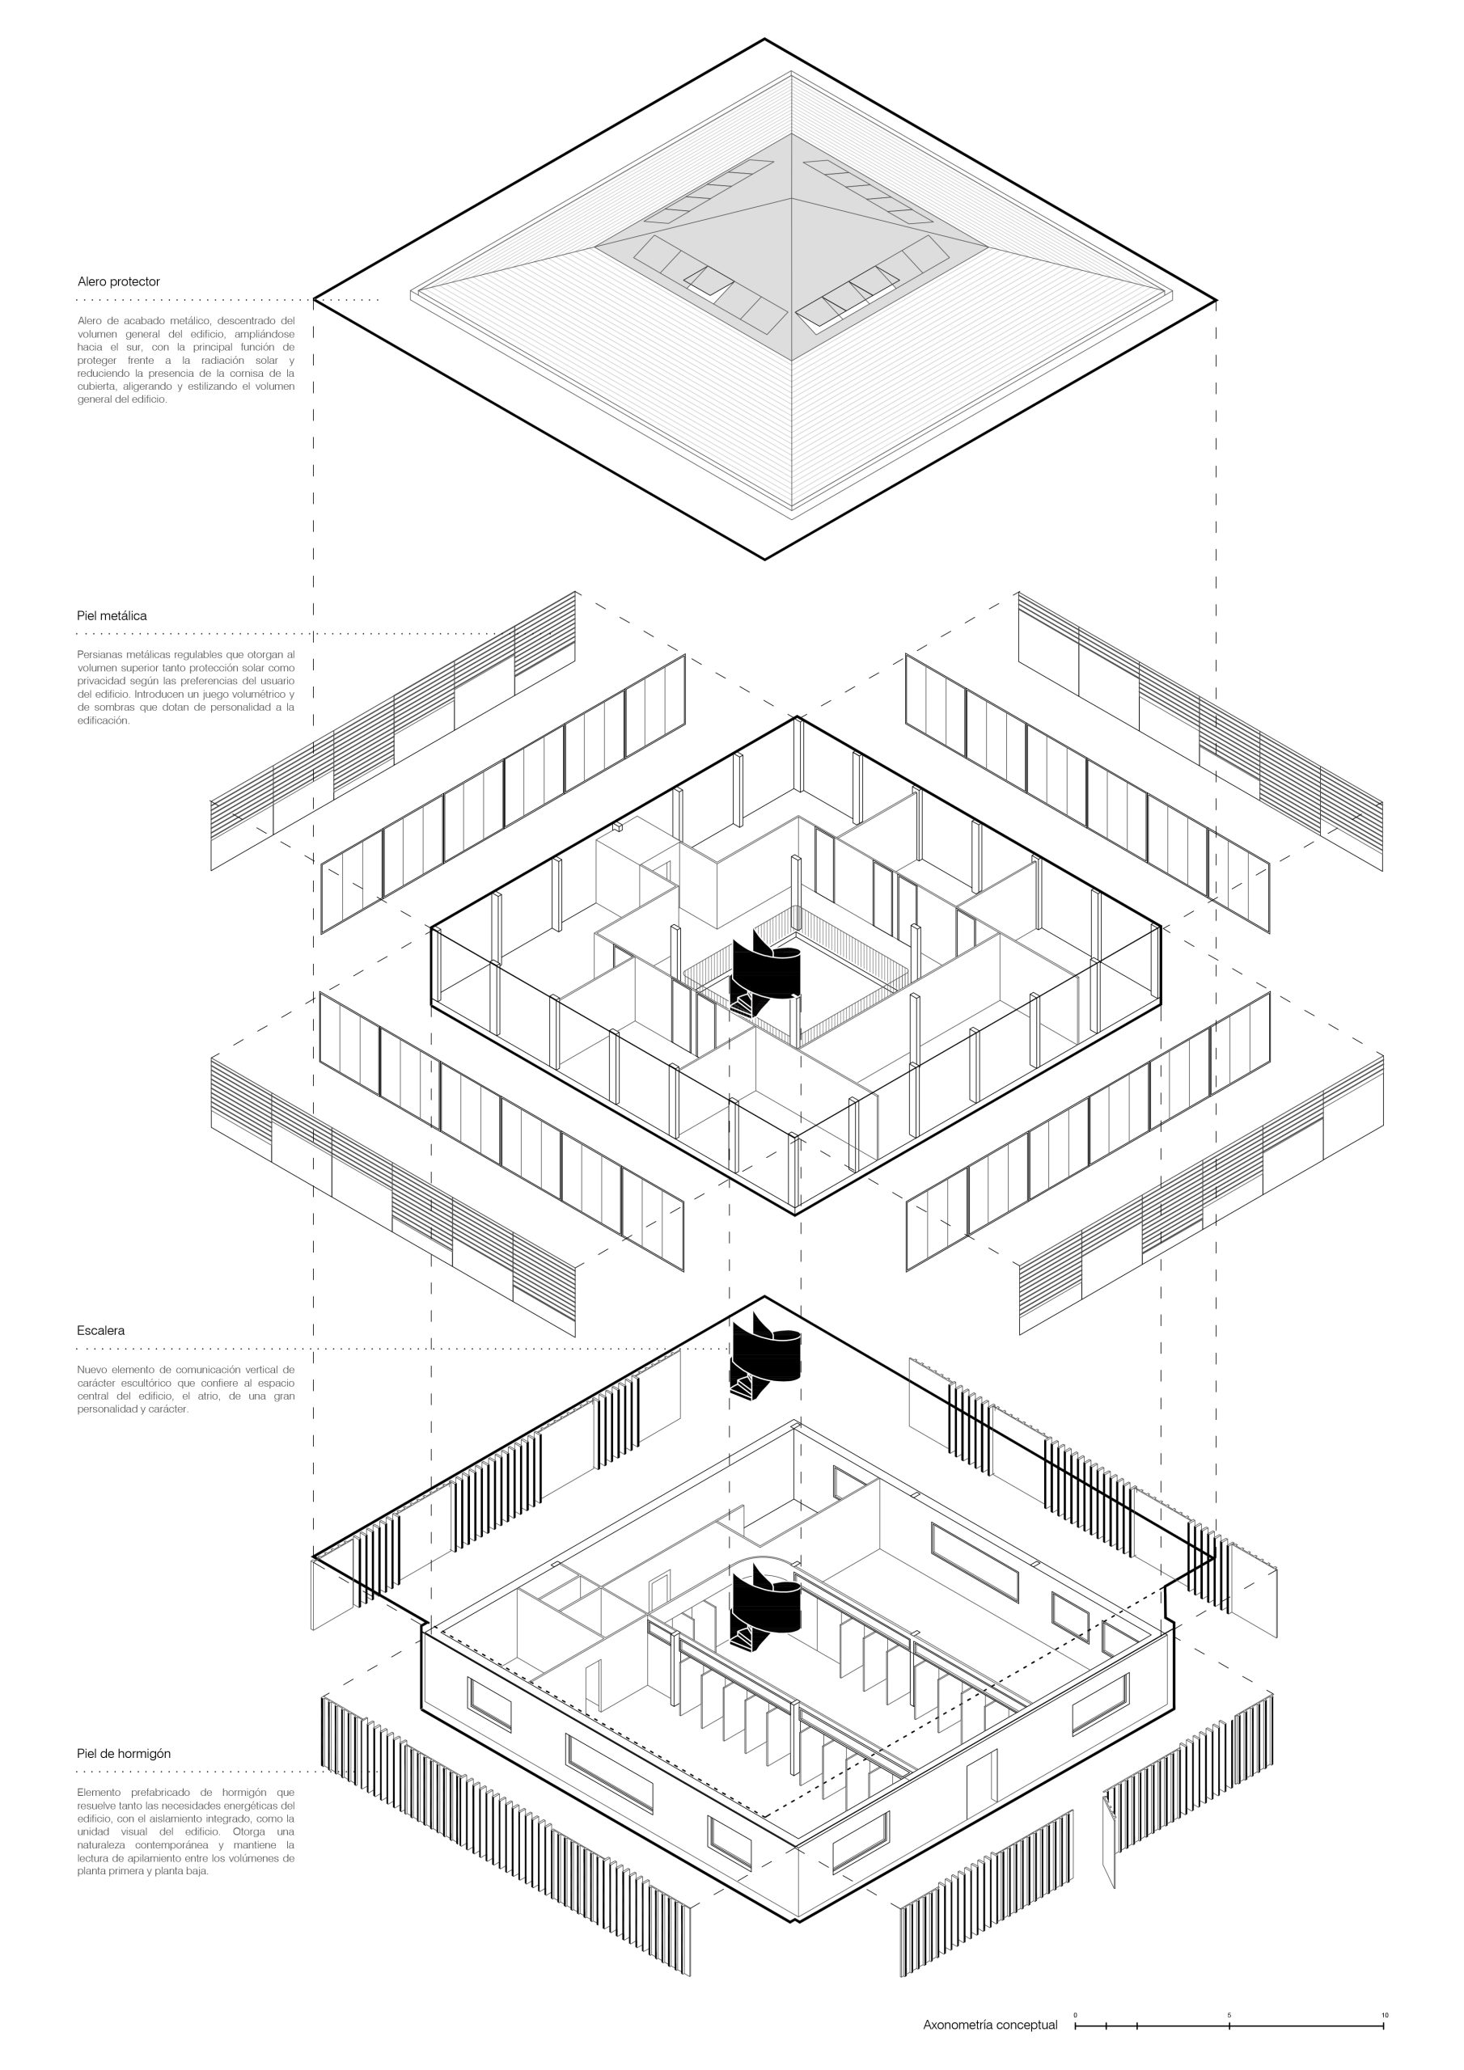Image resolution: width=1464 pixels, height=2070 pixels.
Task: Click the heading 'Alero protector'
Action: (118, 281)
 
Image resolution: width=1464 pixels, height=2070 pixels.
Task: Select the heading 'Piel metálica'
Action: (112, 616)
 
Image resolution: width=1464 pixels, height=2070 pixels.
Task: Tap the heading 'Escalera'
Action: (101, 1330)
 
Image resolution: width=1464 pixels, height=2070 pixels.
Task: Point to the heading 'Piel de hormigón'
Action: (124, 1754)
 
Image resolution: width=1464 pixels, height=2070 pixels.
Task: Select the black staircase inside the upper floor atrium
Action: (764, 974)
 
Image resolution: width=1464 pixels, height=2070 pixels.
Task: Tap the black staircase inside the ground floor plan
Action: (764, 1607)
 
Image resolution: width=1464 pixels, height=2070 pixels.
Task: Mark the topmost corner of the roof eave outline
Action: (765, 39)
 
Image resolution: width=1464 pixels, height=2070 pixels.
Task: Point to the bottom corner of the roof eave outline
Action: (765, 559)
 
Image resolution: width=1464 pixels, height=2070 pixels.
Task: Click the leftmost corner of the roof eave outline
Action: (314, 299)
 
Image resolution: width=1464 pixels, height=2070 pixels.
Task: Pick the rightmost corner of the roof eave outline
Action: (1216, 299)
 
